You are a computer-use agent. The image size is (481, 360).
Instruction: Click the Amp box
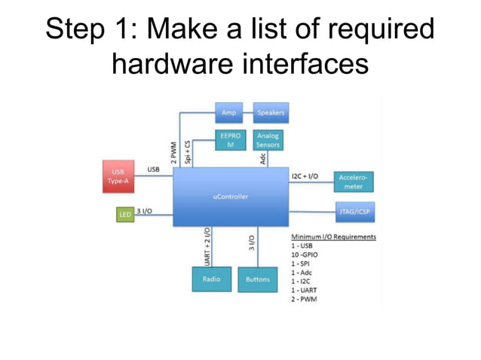[x=228, y=113]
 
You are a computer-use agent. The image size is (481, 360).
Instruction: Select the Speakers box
[x=271, y=113]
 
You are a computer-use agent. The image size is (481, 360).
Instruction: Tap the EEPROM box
[x=230, y=140]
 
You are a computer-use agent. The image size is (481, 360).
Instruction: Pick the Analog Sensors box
[x=268, y=140]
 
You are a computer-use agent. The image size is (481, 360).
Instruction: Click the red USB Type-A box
[x=118, y=176]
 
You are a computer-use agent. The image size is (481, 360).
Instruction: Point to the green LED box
[x=124, y=215]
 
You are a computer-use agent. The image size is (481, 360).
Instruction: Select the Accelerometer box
[x=354, y=182]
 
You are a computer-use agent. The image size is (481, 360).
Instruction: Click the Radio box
[x=212, y=279]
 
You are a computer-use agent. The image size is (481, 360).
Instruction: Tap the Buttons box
[x=257, y=279]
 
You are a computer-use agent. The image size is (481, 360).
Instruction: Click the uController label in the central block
[x=231, y=197]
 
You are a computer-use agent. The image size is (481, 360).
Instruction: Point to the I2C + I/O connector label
[x=305, y=175]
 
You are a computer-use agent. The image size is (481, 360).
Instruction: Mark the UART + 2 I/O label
[x=207, y=246]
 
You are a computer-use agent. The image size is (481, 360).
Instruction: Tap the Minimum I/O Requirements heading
[x=333, y=236]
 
